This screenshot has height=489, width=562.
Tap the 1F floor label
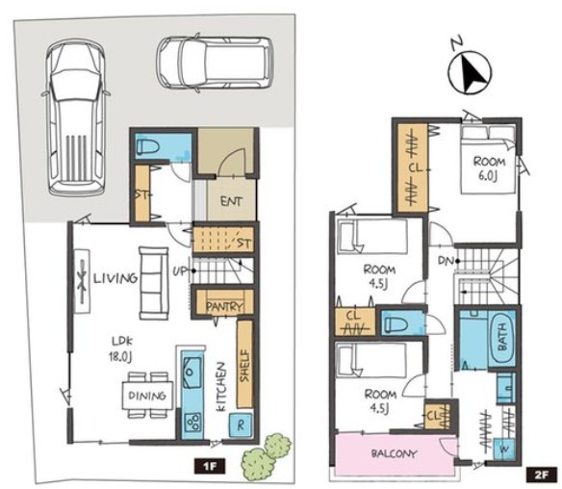[x=210, y=467]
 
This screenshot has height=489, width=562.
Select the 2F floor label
[x=541, y=475]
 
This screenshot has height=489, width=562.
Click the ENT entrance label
[x=231, y=201]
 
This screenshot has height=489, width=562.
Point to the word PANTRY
[x=225, y=306]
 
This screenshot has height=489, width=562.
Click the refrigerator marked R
[x=241, y=425]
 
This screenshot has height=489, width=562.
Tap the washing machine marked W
[x=504, y=449]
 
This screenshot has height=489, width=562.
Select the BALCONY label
[x=394, y=454]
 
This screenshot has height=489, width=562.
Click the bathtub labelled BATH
[x=502, y=338]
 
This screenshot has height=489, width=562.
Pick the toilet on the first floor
[x=147, y=147]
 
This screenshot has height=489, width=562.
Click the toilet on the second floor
[x=395, y=323]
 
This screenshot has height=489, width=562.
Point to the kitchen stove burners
[x=192, y=422]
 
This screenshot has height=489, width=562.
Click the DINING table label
[x=147, y=396]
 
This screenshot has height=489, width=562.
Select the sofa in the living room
[x=153, y=283]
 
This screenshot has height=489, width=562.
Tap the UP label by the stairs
[x=180, y=271]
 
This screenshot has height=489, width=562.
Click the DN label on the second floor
[x=447, y=261]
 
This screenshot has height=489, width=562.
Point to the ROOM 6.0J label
[x=489, y=168]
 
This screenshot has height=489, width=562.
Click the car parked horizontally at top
[x=215, y=63]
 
